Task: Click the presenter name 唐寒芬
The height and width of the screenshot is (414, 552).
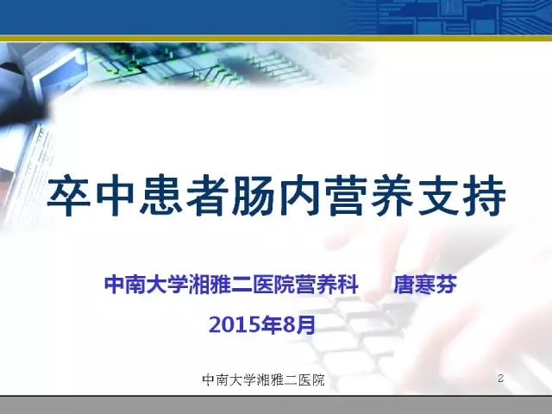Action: (425, 284)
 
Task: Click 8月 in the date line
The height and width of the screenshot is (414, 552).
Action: (299, 324)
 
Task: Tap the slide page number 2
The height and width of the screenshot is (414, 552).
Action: (500, 379)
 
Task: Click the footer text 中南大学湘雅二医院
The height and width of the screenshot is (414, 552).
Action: (263, 379)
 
